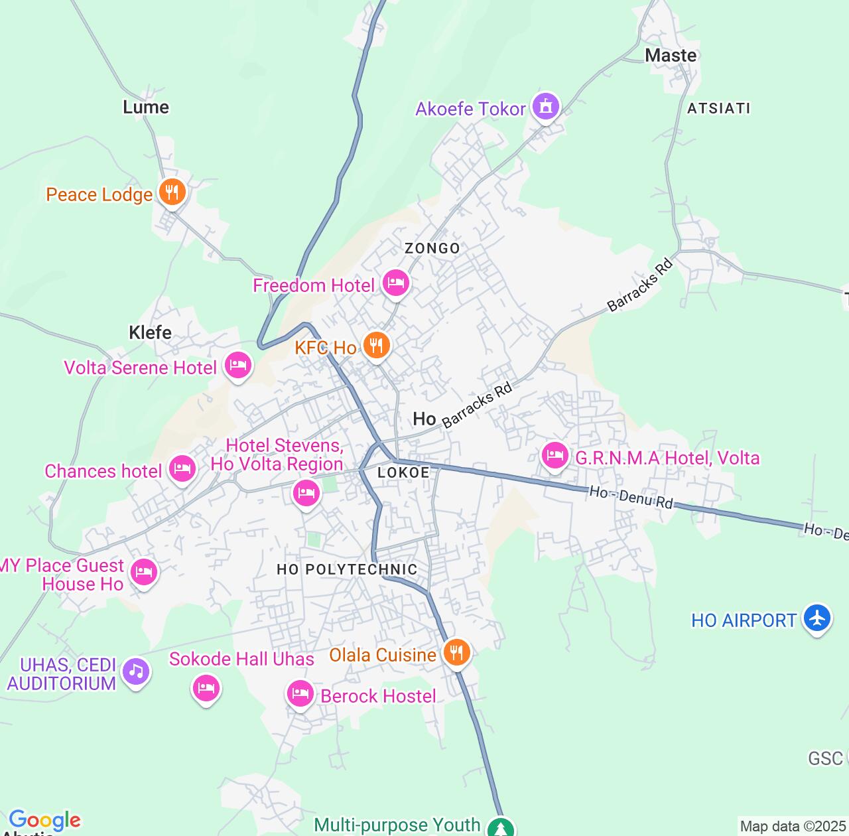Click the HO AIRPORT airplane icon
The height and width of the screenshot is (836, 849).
click(816, 618)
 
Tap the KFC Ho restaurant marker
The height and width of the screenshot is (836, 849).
click(376, 345)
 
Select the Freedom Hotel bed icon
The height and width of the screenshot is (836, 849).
click(395, 283)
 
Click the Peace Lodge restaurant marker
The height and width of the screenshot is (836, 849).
click(172, 192)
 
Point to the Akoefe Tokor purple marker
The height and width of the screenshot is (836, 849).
click(545, 106)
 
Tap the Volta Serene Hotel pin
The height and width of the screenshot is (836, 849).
click(238, 365)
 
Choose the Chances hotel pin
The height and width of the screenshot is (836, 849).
click(182, 469)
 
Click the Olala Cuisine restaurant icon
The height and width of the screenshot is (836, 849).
click(456, 652)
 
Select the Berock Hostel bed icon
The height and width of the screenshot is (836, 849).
click(300, 694)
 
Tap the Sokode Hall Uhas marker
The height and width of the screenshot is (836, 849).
click(206, 687)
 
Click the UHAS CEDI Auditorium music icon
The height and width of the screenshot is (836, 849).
click(136, 671)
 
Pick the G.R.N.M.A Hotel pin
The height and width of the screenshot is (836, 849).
click(555, 456)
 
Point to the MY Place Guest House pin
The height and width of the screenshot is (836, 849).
click(143, 572)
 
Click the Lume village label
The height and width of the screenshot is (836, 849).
click(146, 107)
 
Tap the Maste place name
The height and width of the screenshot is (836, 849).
click(671, 55)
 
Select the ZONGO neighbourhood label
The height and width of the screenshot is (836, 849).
click(432, 248)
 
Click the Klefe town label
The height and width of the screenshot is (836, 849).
click(150, 332)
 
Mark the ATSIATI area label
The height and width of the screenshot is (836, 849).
click(718, 108)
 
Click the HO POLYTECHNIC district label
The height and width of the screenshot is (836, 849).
click(347, 569)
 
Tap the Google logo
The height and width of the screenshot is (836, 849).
click(44, 820)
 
